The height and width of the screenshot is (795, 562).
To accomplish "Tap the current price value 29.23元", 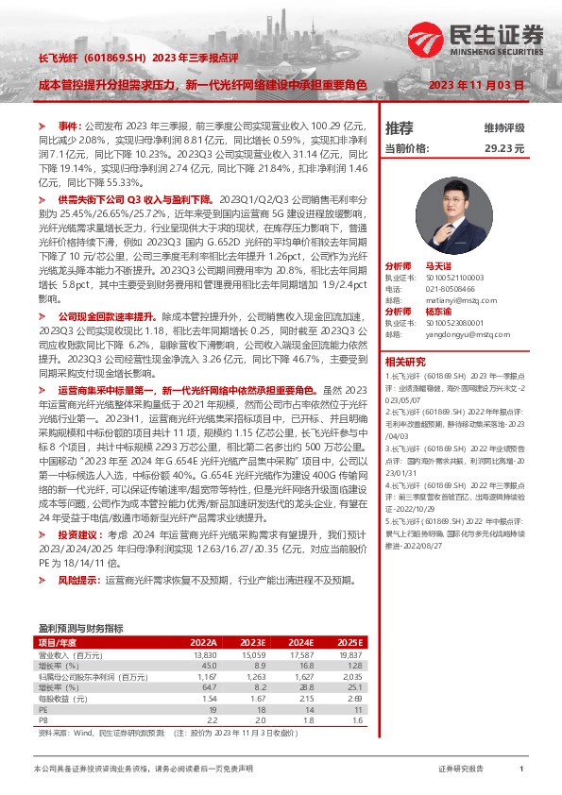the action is click(x=504, y=148).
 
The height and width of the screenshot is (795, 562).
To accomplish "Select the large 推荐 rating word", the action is click(x=400, y=127).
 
